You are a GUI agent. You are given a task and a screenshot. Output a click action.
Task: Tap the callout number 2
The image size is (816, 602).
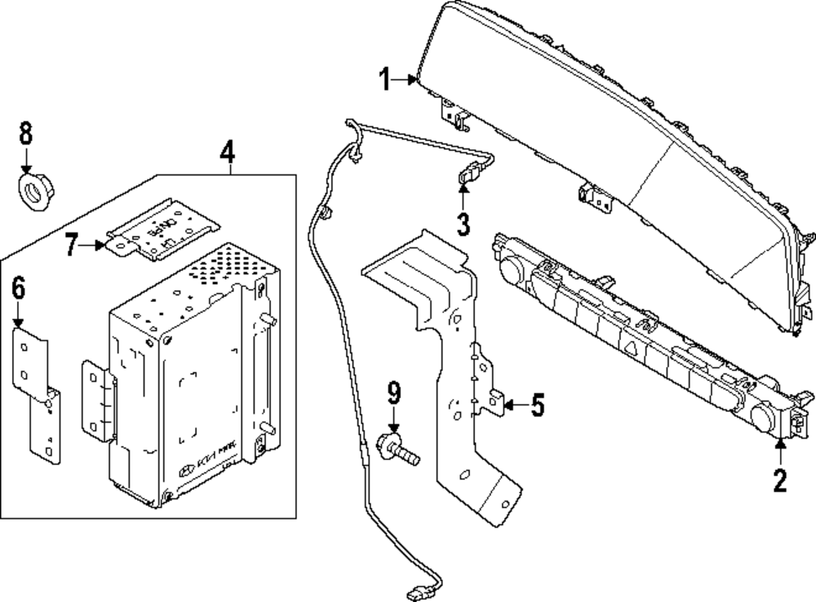[x=780, y=480]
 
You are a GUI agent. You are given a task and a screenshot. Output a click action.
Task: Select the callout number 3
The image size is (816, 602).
[x=463, y=222]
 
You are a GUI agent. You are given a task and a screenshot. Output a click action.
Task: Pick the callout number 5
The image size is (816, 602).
[x=536, y=405]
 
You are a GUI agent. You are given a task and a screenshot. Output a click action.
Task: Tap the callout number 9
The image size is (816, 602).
[x=394, y=395]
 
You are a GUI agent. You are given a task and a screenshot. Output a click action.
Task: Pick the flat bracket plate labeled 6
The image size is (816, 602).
[x=37, y=391]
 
